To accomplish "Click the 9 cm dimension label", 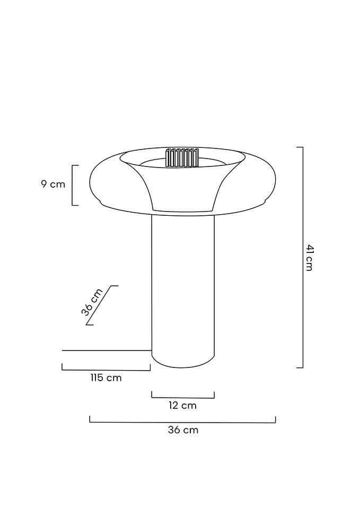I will point(53,185).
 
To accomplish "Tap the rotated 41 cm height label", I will point(309,258).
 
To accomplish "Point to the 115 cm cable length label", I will point(106,378).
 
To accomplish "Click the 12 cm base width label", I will point(182,406).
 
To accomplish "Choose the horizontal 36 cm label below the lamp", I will point(183,430).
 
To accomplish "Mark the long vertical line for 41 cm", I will point(303,257).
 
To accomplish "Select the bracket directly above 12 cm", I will point(183,397).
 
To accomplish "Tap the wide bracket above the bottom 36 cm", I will point(183,422).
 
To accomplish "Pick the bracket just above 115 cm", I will point(106,370).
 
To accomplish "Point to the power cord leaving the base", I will point(106,350).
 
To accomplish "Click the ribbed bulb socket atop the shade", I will point(182,157).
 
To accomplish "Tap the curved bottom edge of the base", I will point(183,366).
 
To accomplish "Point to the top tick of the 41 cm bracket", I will point(300,147).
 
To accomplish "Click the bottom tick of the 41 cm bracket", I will point(300,367).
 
